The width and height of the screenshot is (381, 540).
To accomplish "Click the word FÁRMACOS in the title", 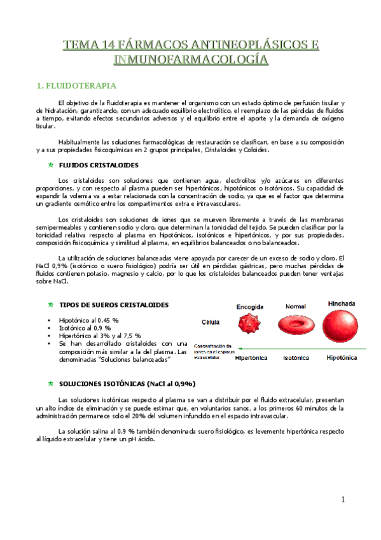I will [142, 45].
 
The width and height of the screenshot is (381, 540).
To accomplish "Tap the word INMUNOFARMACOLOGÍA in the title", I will [190, 60].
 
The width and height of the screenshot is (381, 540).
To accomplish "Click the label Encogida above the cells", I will [250, 306].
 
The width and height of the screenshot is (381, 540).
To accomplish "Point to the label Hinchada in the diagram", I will [342, 303].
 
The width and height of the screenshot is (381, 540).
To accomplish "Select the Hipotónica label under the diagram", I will [341, 358].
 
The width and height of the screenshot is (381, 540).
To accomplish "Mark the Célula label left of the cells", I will [211, 322].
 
